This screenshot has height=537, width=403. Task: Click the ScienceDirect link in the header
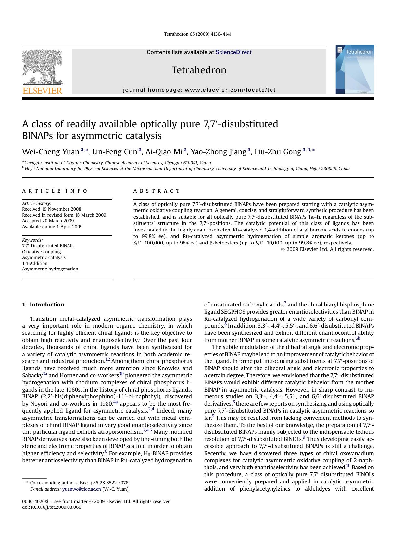tap(233, 52)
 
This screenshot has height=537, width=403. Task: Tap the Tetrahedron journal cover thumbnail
tap(355, 69)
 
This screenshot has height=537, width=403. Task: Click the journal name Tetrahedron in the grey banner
tap(199, 70)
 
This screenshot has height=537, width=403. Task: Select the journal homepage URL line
tap(199, 90)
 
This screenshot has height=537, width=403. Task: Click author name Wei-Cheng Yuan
tap(50, 152)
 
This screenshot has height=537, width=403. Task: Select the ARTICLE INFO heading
tap(55, 191)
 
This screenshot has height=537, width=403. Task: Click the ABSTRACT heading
tap(157, 191)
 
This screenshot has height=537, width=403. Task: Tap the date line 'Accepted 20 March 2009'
tap(48, 221)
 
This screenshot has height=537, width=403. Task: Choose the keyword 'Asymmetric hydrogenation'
tap(50, 269)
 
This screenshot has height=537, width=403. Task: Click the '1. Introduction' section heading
tap(43, 305)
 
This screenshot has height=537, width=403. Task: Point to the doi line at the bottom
tap(52, 507)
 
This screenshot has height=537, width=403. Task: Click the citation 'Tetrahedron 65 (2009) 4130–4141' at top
tap(198, 34)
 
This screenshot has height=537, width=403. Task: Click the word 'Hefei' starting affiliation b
tap(30, 169)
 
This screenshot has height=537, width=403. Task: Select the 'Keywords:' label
tap(32, 240)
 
